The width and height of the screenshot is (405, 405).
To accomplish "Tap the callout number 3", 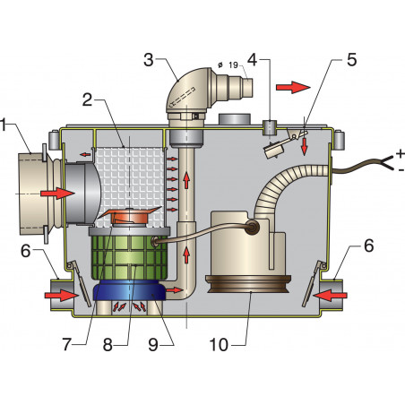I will pos(149,60).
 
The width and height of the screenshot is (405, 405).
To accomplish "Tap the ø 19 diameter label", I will pos(229,65).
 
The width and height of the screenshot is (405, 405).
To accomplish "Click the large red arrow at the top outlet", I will pos(291,88).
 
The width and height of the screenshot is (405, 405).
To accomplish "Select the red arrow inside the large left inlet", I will pos(53,192).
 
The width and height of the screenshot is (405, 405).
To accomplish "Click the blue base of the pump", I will pos(130,291).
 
